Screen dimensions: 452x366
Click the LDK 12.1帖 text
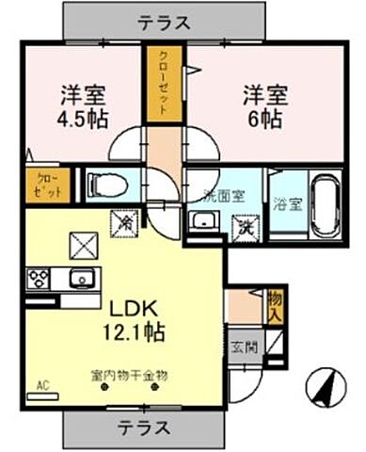(x=129, y=320)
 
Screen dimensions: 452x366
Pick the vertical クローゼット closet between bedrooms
(x=163, y=83)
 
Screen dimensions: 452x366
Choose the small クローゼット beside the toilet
(x=43, y=183)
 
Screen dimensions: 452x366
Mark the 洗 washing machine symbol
(x=247, y=225)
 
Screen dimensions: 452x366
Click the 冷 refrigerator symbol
(x=123, y=222)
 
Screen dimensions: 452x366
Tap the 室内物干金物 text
(x=129, y=375)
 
